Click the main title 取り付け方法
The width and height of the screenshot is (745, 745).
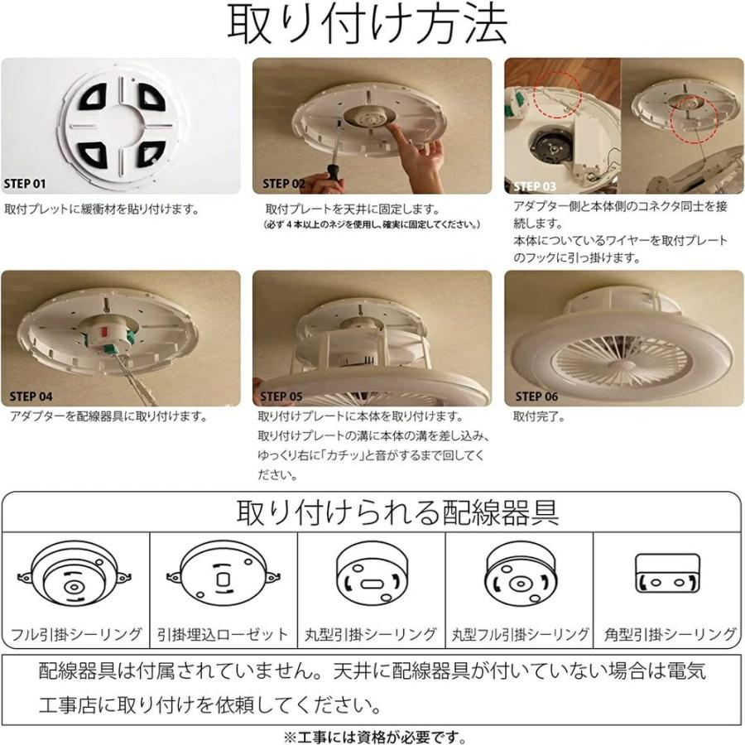point(368,26)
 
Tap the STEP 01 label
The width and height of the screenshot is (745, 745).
point(27,184)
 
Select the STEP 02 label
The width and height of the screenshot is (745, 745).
point(284,184)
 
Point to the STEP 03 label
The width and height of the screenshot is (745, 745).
point(535,186)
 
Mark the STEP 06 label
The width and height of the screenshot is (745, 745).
point(536,397)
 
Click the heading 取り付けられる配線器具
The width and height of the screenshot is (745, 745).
point(397,512)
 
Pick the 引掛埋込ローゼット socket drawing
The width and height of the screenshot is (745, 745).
point(223,578)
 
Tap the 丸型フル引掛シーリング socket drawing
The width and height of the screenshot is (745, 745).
point(518,576)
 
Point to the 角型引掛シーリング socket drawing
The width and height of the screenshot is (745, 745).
point(666,574)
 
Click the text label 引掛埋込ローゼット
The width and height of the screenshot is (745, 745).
point(223,635)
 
